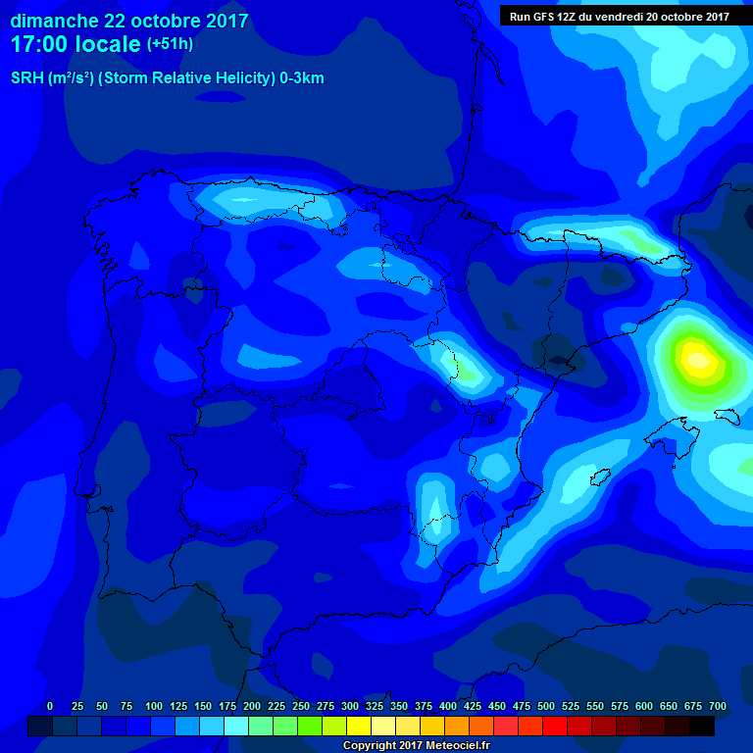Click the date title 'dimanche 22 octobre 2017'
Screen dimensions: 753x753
[128, 21]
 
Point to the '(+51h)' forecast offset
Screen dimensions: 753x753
[170, 44]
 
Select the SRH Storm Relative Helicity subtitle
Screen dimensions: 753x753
[167, 78]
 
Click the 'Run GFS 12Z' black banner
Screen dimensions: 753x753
[619, 16]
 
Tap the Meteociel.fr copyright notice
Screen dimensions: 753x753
[416, 746]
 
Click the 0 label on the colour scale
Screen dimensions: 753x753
[50, 706]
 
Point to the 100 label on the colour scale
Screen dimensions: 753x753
[154, 706]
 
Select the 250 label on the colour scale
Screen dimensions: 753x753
[301, 706]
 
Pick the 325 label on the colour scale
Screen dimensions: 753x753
[375, 706]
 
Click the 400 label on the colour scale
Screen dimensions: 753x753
[448, 706]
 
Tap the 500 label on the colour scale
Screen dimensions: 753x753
[546, 706]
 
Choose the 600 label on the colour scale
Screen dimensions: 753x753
[644, 706]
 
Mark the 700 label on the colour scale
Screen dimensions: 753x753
[718, 706]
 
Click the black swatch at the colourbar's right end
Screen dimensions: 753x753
[702, 726]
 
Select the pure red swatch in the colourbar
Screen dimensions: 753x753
[555, 726]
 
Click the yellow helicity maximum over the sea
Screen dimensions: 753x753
[697, 359]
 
